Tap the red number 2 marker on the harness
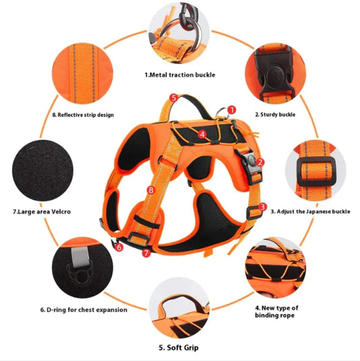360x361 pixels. pos(260,162)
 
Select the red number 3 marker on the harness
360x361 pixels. pos(263,207)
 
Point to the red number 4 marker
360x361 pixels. pos(203,134)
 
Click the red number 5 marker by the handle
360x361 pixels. pos(174,99)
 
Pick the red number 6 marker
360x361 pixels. pos(119,248)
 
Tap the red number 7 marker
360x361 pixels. pos(147,253)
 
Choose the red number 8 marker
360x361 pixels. pos(151,191)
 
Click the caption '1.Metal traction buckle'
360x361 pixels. pos(180,74)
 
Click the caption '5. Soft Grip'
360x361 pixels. pos(179,348)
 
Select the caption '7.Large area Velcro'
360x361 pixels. pos(42,211)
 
